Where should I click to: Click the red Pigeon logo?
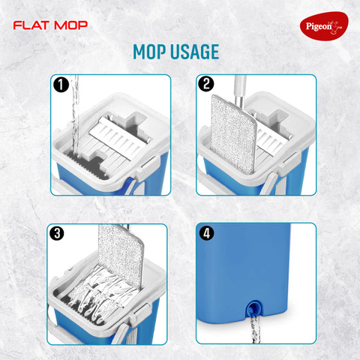coord(324,26)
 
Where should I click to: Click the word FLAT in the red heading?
coord(31,25)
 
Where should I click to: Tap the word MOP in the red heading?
coord(71,25)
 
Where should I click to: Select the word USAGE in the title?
coord(195,52)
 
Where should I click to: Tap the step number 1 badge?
coord(61,85)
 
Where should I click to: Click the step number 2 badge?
coord(205,84)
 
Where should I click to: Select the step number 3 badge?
coord(57,233)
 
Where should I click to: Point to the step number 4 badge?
coord(206,233)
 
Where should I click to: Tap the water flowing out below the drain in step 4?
coord(255,328)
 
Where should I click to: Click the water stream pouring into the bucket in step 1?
coord(75,115)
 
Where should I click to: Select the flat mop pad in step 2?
coord(233,134)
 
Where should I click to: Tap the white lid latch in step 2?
coord(290,161)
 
